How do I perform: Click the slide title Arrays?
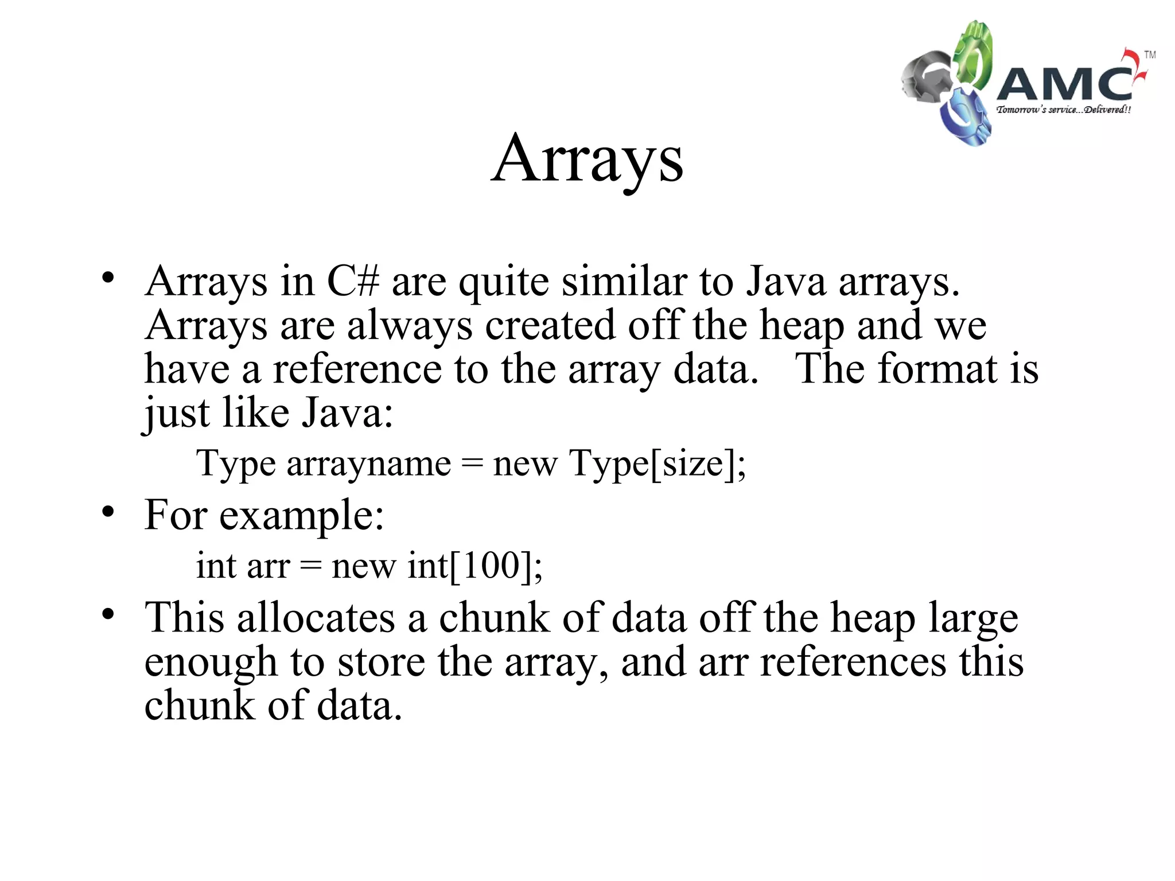tap(587, 159)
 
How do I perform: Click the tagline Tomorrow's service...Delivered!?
tap(1064, 110)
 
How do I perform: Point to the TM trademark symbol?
tap(1150, 55)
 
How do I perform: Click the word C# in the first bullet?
tap(353, 282)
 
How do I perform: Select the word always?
tap(410, 326)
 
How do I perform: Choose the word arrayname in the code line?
tap(369, 463)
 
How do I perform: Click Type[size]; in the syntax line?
tap(657, 463)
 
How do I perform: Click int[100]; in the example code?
tap(474, 566)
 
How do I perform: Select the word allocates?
tap(316, 618)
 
